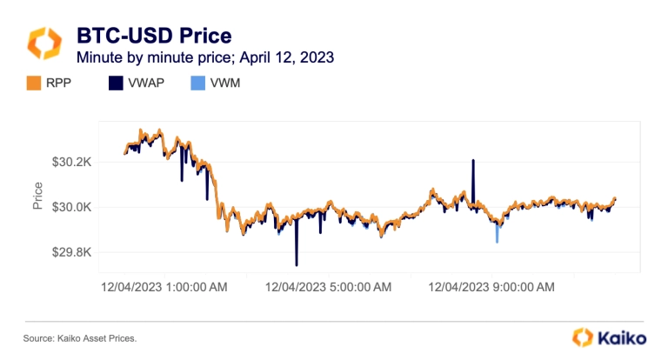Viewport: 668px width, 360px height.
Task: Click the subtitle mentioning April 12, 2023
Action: tap(205, 58)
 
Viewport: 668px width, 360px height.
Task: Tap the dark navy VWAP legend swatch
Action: tap(116, 84)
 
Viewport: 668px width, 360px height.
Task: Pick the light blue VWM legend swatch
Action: tap(197, 84)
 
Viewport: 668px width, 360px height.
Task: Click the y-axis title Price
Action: tap(37, 197)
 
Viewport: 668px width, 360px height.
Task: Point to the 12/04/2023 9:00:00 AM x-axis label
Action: tap(491, 284)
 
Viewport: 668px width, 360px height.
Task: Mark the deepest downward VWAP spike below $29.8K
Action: tap(297, 263)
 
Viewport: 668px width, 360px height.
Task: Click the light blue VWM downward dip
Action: tap(497, 238)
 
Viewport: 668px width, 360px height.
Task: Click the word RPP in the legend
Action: tap(63, 84)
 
